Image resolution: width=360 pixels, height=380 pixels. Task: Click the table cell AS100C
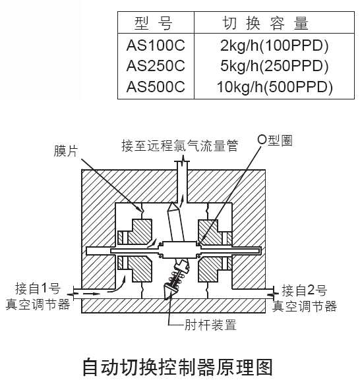click(x=156, y=45)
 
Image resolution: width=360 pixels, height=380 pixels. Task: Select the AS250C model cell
click(x=156, y=66)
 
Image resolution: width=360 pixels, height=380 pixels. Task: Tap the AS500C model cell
click(x=156, y=86)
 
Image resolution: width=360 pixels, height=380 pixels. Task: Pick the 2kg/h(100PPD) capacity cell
click(x=274, y=45)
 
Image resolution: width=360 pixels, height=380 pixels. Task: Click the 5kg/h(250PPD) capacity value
click(x=274, y=66)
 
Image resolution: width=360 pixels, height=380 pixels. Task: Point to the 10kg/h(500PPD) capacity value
click(x=274, y=87)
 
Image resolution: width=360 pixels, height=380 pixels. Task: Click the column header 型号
click(x=154, y=23)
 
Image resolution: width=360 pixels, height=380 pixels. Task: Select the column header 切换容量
click(x=265, y=23)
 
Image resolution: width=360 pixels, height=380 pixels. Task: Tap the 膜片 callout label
click(x=65, y=151)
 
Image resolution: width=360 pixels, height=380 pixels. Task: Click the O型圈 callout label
click(x=275, y=140)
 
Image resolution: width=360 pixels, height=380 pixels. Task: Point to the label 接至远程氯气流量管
click(x=179, y=146)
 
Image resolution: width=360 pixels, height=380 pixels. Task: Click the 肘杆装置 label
click(x=210, y=325)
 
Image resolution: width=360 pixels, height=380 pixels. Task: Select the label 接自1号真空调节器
click(x=38, y=296)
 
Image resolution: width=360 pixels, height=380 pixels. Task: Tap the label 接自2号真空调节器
click(x=305, y=298)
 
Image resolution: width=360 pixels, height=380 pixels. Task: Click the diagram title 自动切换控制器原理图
click(x=178, y=367)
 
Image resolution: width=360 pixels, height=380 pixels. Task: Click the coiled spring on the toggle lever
click(x=177, y=278)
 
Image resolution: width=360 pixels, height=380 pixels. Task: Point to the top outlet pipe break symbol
click(x=182, y=160)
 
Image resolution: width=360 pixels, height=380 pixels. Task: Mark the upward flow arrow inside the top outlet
click(x=182, y=199)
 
